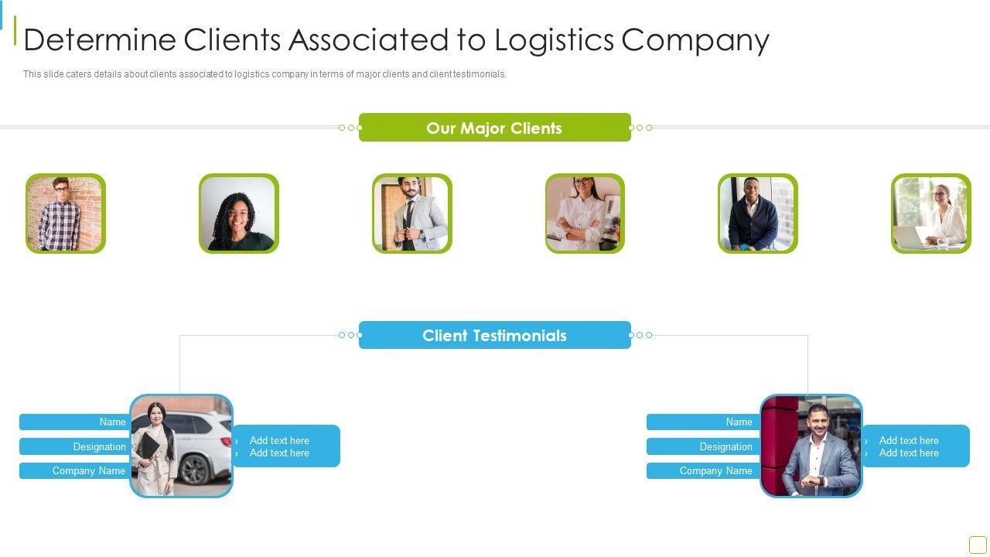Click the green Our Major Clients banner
[x=494, y=128]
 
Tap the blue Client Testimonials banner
[x=494, y=335]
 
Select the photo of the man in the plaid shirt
[x=66, y=214]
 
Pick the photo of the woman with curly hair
[x=238, y=214]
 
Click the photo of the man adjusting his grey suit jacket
[x=411, y=214]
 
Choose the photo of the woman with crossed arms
[x=585, y=214]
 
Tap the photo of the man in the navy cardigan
[x=757, y=214]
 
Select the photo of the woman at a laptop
[x=930, y=214]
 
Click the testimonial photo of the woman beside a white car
[x=181, y=446]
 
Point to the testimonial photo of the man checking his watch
[x=811, y=446]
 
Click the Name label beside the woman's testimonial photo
[x=75, y=422]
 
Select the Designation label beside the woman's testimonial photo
[x=75, y=446]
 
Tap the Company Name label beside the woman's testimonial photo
[x=75, y=470]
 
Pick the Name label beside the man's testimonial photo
[x=702, y=422]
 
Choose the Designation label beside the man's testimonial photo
[x=702, y=446]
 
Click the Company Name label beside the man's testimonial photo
[x=702, y=470]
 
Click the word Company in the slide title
[x=695, y=40]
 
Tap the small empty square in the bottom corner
[x=978, y=545]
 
